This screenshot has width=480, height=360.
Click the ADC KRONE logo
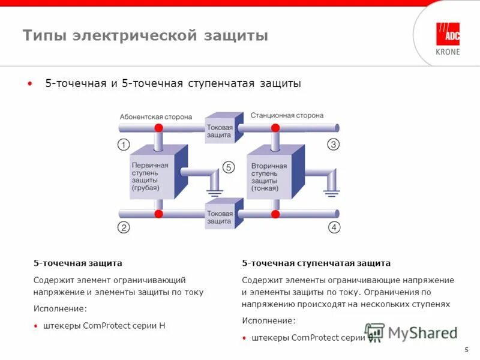pos(448,38)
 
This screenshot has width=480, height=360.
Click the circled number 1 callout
pos(123,145)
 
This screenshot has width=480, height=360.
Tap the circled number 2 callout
pos(123,227)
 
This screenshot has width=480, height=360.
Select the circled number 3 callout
pos(334,145)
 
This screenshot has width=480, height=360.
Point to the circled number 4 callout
pos(334,227)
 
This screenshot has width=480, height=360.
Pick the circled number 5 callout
pos(228,167)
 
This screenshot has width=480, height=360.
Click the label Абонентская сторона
pos(155,117)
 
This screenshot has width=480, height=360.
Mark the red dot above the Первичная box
pos(158,128)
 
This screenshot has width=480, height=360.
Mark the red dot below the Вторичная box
pos(275,214)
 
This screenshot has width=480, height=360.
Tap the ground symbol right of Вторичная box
pos(330,192)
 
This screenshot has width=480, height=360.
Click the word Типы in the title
pos(44,36)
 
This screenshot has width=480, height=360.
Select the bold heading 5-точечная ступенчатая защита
pos(316,263)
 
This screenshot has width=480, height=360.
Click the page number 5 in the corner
pos(466,350)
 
